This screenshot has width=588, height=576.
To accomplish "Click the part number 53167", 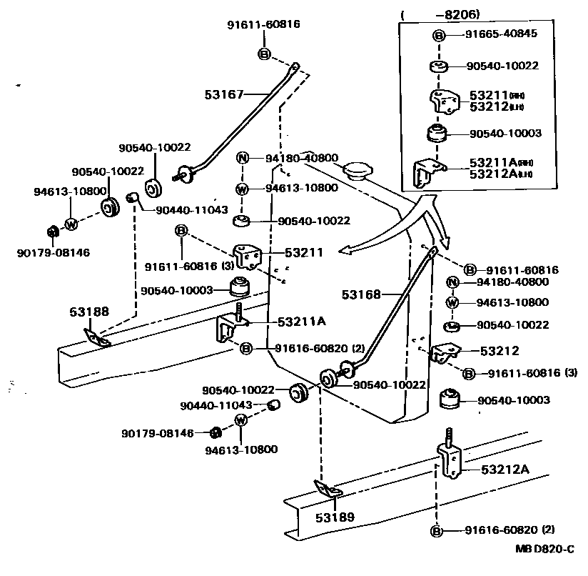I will click(225, 94).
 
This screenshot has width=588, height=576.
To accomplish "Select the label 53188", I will click(89, 312).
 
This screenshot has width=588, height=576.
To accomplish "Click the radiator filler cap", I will click(358, 172).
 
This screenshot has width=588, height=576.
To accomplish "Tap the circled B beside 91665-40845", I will click(440, 35).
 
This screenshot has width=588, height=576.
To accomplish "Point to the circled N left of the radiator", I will click(243, 159).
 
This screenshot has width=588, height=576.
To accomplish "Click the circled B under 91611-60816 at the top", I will click(263, 54).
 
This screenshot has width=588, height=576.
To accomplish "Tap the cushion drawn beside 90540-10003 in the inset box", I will click(436, 134).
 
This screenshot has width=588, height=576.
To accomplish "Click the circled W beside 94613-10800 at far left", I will click(71, 224).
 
